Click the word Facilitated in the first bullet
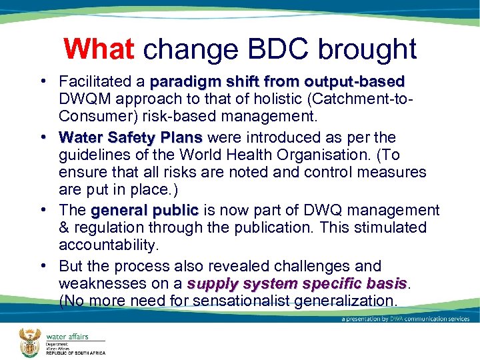(96, 82)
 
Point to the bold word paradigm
(179, 82)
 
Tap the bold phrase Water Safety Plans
(131, 138)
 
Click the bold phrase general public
(145, 211)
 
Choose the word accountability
(109, 245)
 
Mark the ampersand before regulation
(65, 228)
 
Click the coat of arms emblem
(29, 341)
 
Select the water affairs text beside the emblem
(67, 337)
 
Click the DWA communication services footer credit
(406, 319)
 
